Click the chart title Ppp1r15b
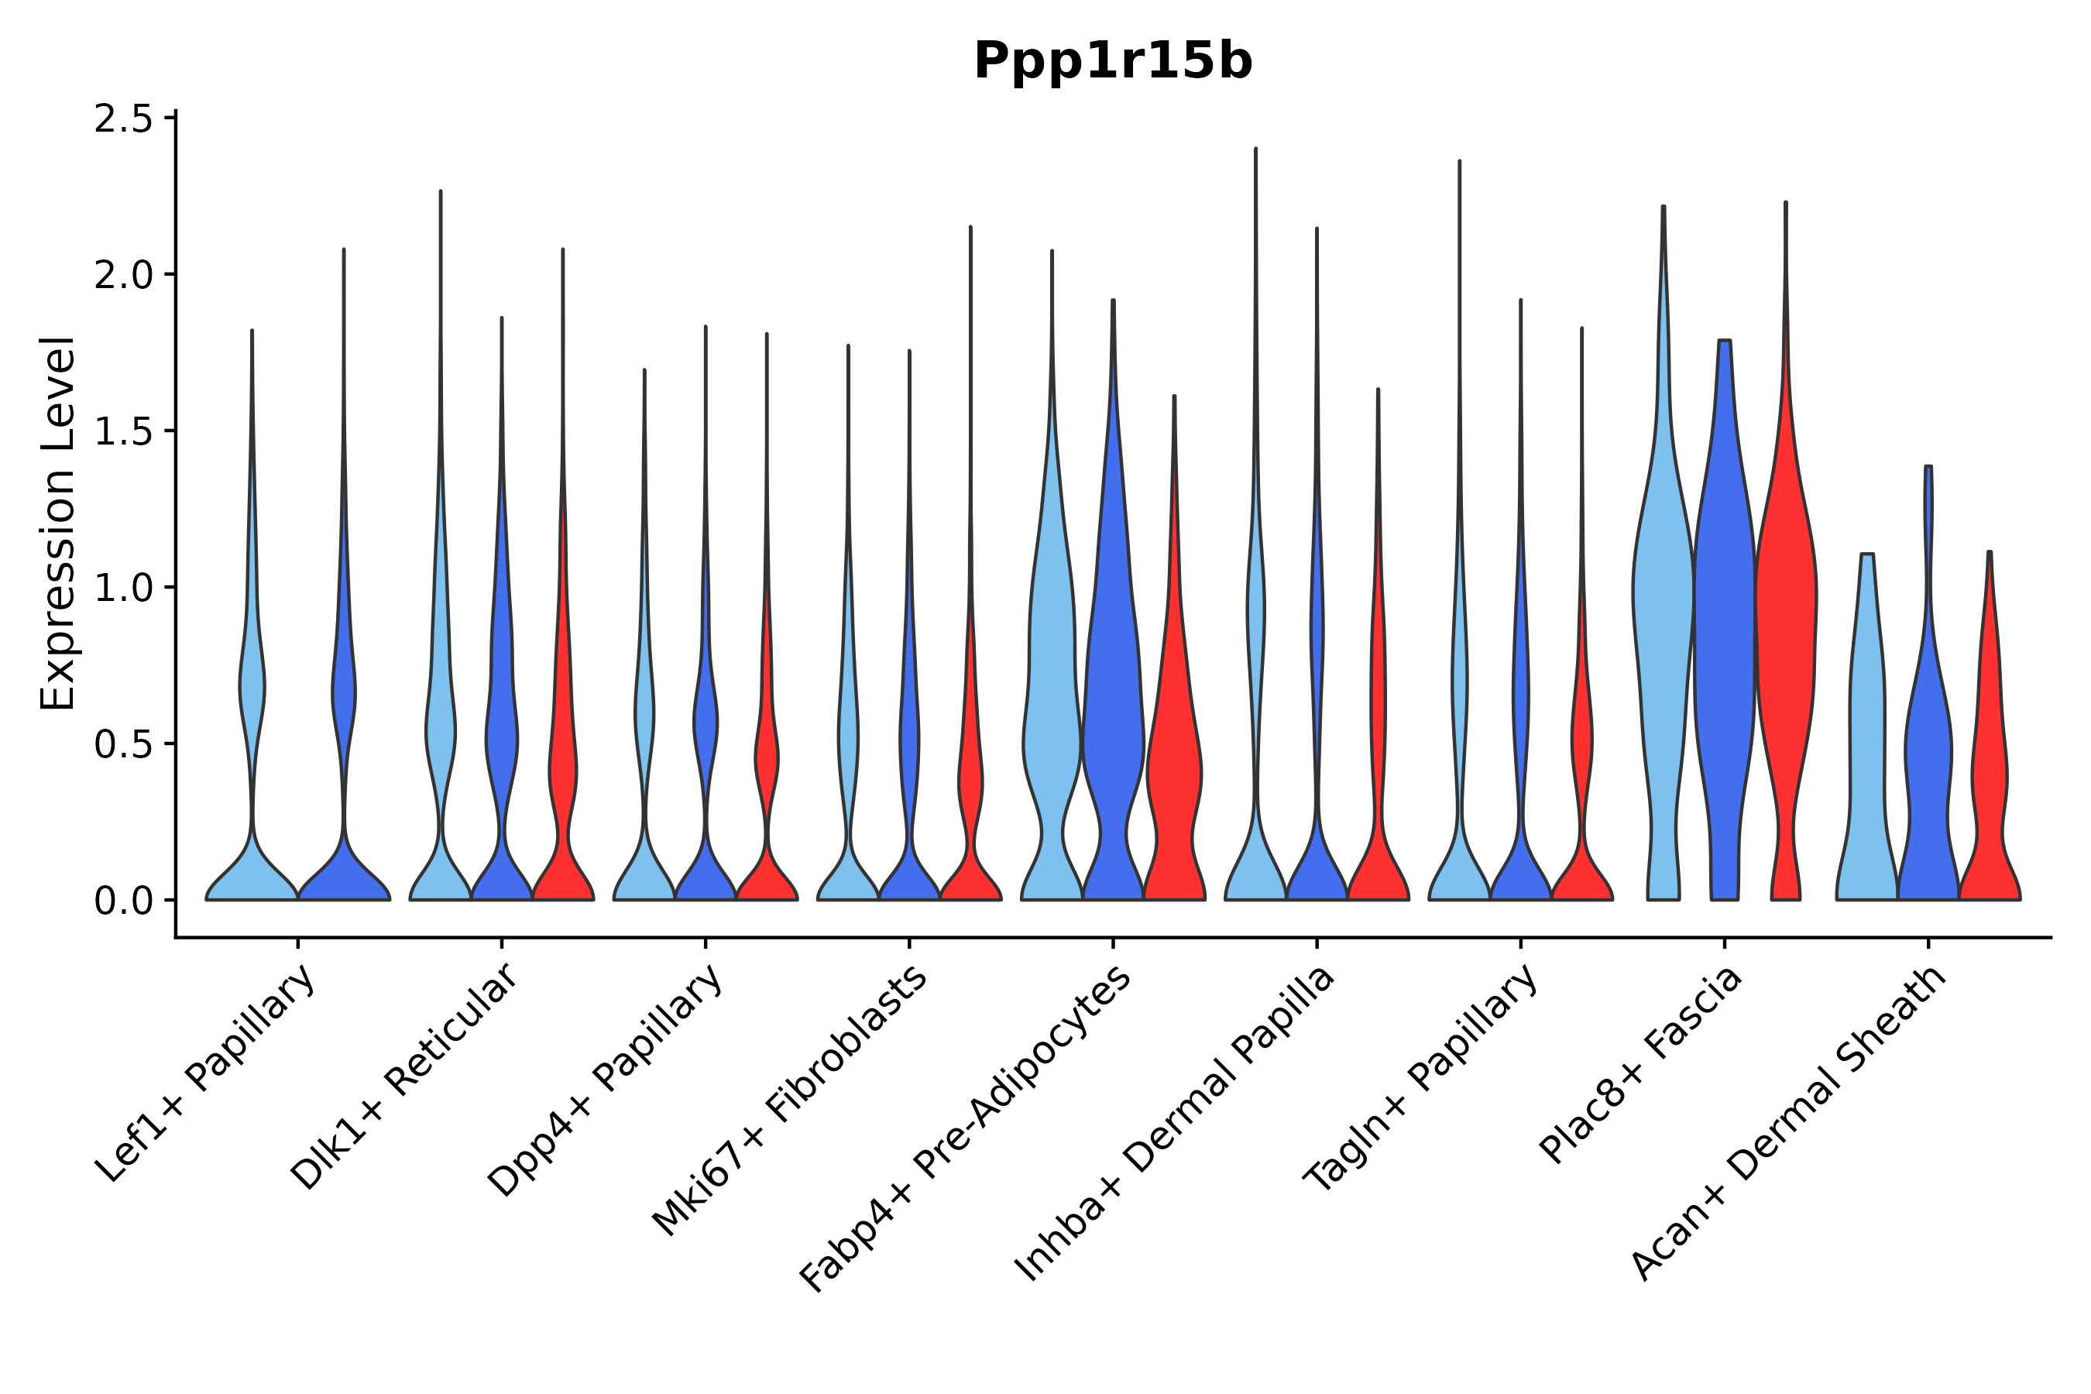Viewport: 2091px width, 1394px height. (1112, 62)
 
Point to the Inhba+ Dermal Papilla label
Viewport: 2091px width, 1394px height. (1176, 1124)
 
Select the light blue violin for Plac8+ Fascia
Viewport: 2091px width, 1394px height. (1664, 623)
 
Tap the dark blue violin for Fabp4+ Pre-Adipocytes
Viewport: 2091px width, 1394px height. (1112, 711)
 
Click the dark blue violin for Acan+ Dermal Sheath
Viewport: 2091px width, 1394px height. (1928, 756)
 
